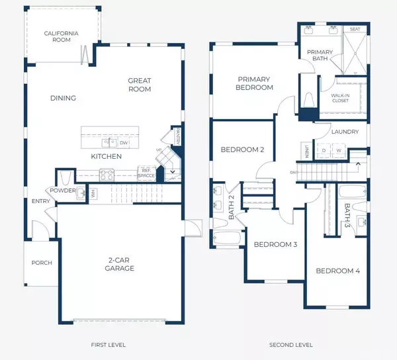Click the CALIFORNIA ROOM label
(x=62, y=36)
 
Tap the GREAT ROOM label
(x=140, y=85)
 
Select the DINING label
(x=63, y=99)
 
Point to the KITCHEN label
(x=107, y=157)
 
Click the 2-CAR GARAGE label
(x=120, y=264)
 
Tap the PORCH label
(x=42, y=263)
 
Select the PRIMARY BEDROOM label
(x=255, y=83)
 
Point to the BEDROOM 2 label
(x=242, y=150)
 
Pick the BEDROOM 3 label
(x=275, y=245)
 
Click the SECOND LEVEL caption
(x=290, y=345)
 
